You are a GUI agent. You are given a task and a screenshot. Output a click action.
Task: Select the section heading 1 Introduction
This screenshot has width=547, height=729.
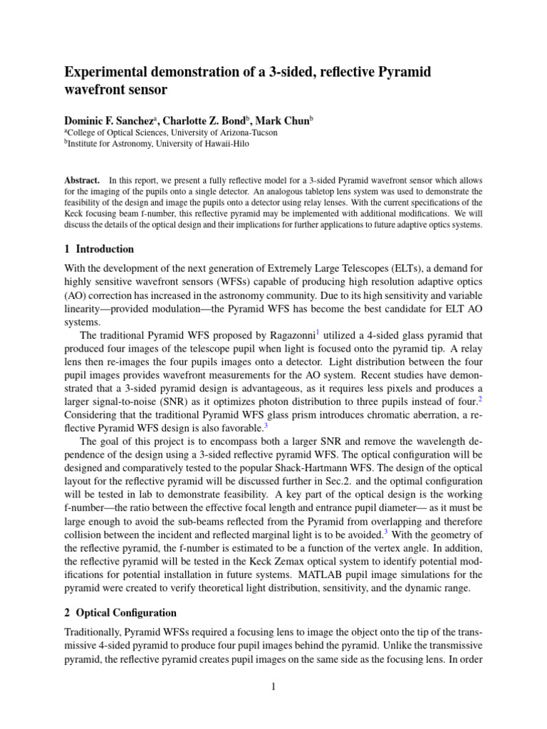[99, 249]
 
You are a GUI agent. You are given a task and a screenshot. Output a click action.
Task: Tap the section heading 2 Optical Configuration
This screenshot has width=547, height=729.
[120, 612]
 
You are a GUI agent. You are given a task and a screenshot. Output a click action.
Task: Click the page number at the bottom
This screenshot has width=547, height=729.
[273, 686]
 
